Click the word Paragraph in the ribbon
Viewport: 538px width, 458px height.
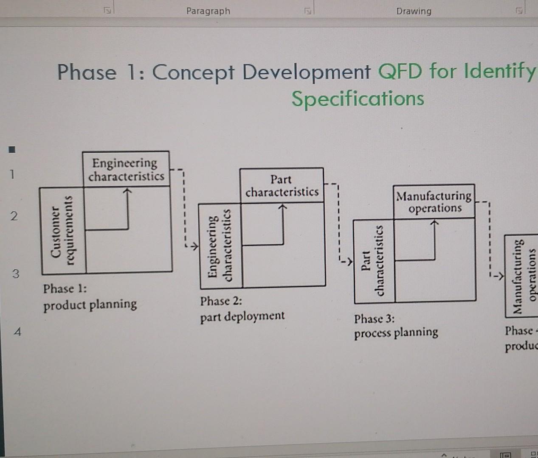pos(208,11)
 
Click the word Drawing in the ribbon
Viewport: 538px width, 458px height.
pos(414,11)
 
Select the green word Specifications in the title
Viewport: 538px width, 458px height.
pos(358,99)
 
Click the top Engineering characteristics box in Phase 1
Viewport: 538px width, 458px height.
pos(126,169)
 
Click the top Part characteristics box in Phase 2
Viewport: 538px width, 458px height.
pos(282,185)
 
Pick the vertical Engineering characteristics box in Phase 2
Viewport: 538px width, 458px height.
pos(220,246)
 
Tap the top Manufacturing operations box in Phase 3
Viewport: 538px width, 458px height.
pos(434,202)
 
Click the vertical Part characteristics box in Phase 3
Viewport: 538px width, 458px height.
pos(374,261)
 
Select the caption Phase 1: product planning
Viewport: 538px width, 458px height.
pos(90,296)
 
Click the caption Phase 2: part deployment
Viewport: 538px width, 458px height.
pos(242,309)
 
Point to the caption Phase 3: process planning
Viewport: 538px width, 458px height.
pos(396,326)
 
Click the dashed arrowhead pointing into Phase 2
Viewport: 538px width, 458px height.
pos(194,246)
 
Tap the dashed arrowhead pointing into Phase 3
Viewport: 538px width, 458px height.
pos(349,261)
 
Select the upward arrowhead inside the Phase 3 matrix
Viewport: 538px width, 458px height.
pos(434,223)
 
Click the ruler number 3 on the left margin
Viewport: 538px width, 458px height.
pos(15,274)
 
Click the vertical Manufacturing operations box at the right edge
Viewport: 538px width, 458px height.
pos(521,276)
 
